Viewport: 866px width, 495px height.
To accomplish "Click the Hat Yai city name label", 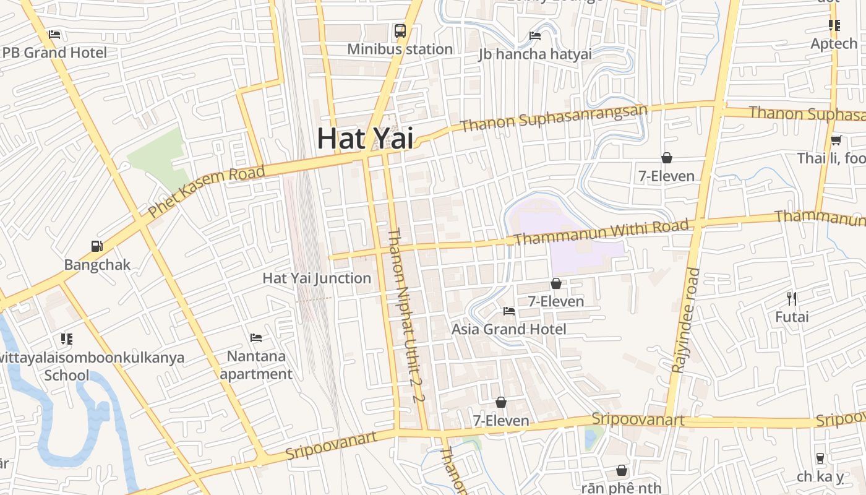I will tap(365, 139).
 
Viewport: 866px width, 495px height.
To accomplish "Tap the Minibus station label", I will tap(400, 49).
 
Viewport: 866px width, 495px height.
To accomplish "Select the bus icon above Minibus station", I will tap(400, 30).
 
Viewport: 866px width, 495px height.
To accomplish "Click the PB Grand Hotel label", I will tap(54, 53).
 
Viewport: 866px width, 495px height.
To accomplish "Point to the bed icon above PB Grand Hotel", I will tap(54, 35).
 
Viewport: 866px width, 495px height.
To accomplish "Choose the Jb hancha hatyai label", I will tap(535, 54).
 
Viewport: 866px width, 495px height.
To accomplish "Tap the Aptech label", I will tap(834, 44).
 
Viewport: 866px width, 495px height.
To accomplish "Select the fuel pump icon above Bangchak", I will tap(97, 246).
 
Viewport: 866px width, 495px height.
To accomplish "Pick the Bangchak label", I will tap(97, 265).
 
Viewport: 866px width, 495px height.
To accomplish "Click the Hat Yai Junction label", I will tap(317, 278).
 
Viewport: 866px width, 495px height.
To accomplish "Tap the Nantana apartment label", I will tap(256, 365).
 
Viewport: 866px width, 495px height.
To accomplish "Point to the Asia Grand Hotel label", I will tap(508, 329).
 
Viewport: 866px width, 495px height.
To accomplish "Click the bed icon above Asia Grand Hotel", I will tap(509, 311).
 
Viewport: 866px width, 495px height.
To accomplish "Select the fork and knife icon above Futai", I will tap(792, 299).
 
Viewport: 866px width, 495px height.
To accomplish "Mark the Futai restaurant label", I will tap(792, 317).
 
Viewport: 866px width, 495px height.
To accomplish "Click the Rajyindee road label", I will tap(685, 320).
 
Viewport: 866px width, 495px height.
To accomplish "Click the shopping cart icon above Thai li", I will tap(836, 140).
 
